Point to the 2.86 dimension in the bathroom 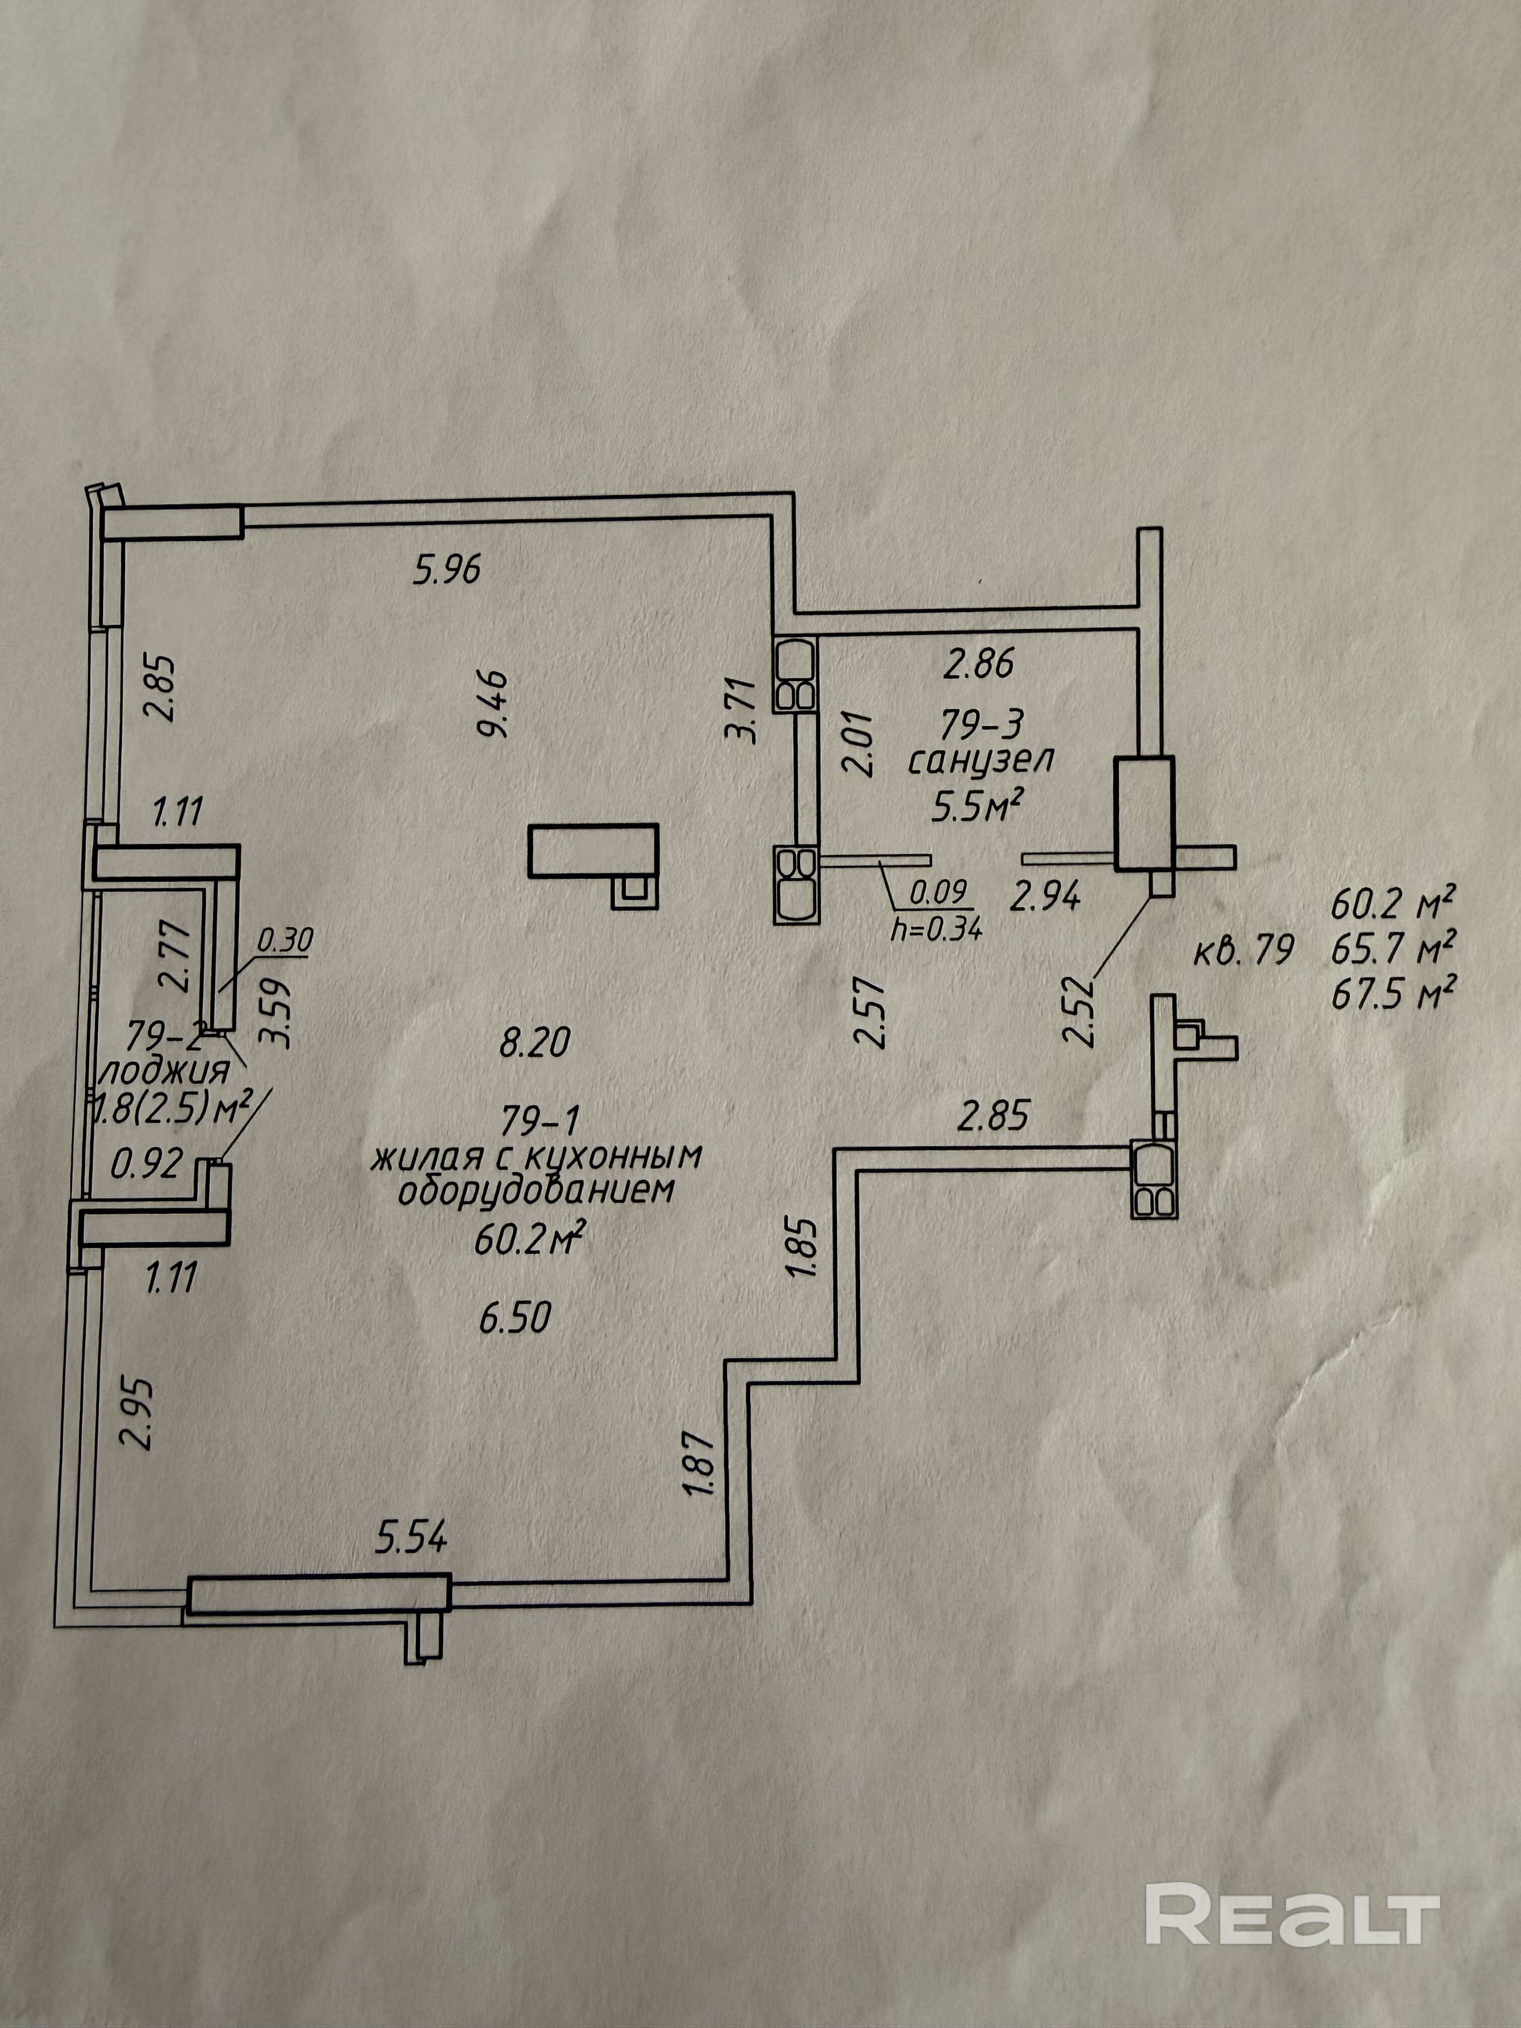979,663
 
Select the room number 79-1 541,1119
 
